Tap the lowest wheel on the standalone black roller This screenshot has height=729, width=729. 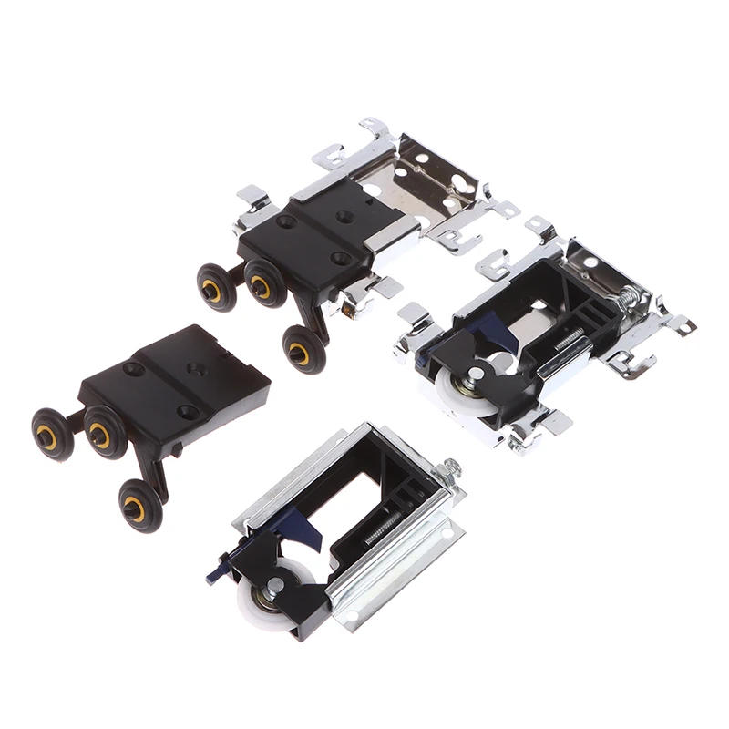(x=142, y=506)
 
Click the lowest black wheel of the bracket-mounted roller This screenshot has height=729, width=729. (x=303, y=348)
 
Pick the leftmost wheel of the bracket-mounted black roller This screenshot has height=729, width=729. (x=216, y=289)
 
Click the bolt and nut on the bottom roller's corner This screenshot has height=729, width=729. (x=448, y=471)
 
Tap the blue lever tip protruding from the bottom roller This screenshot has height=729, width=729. (x=215, y=574)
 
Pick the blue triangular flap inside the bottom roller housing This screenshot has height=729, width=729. (x=309, y=533)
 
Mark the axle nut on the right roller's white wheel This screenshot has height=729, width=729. (x=477, y=374)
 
